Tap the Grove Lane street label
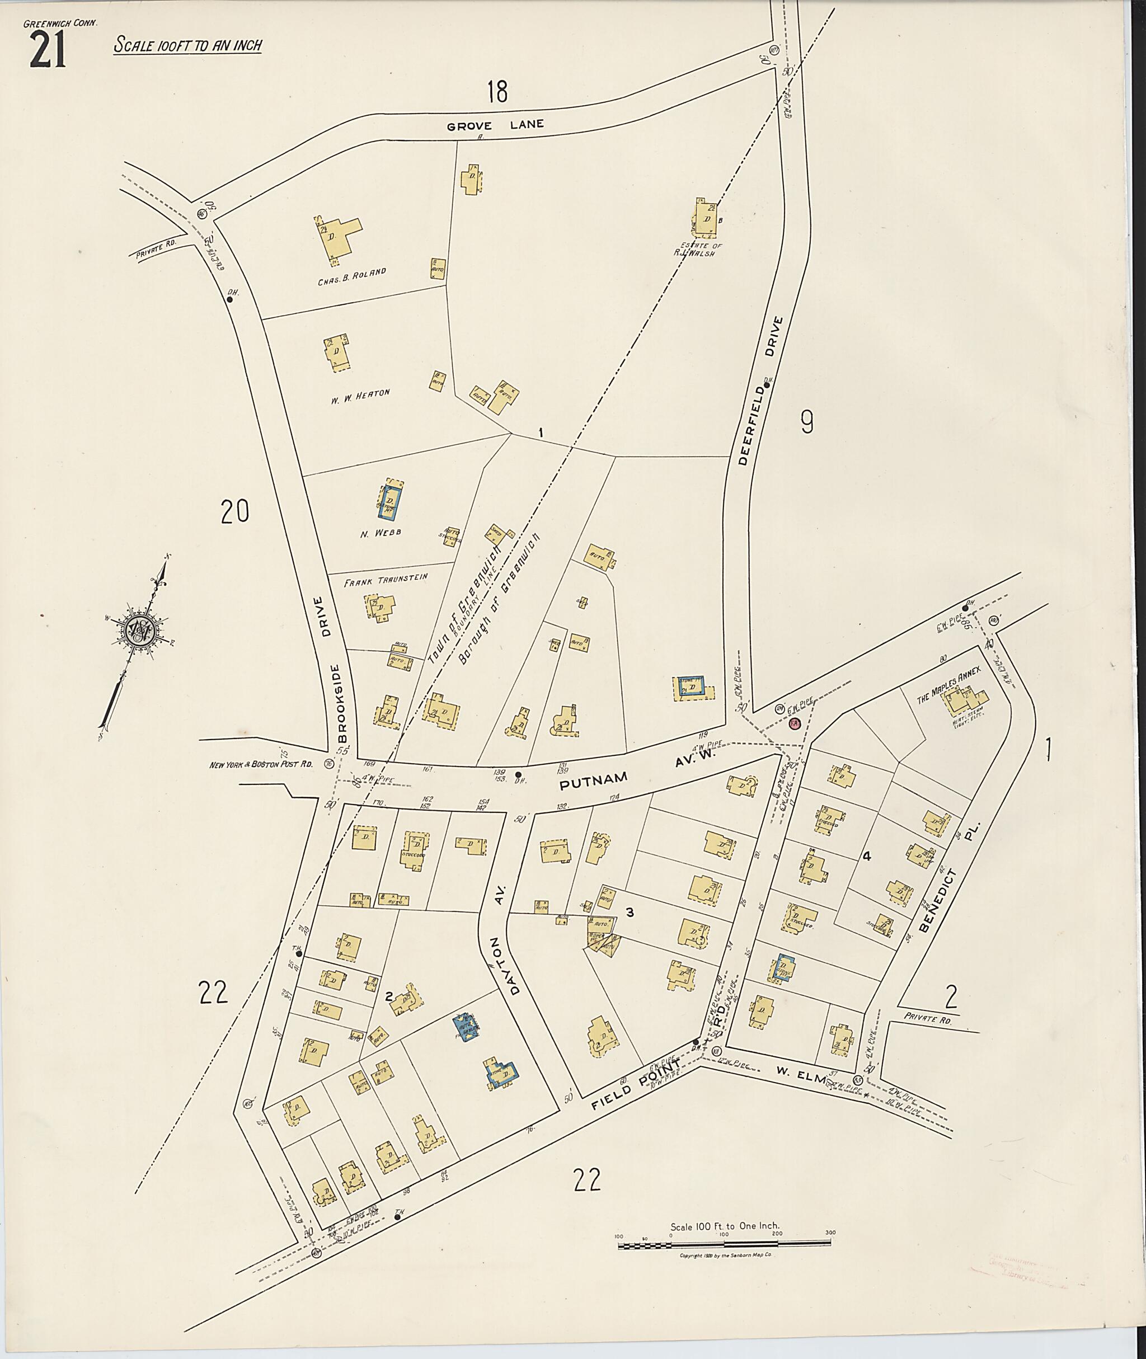(x=495, y=125)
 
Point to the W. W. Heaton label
(x=360, y=395)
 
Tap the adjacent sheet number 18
(x=497, y=92)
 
